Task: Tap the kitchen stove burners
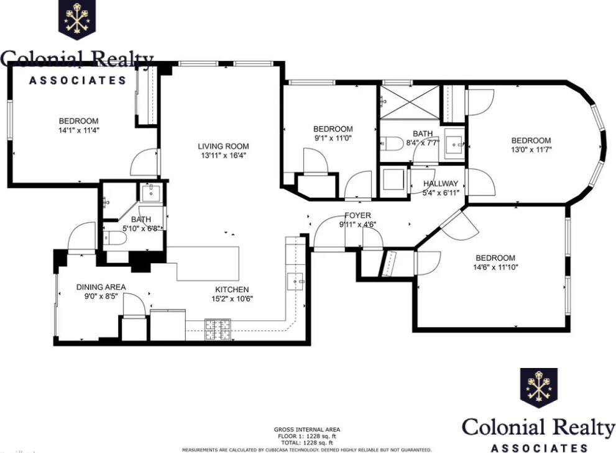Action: coord(218,327)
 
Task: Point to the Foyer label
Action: coord(355,215)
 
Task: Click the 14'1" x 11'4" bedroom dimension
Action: coord(79,130)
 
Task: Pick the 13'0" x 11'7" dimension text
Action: coord(531,150)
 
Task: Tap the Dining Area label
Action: coord(101,287)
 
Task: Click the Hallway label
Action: coord(441,184)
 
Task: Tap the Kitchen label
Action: coord(232,289)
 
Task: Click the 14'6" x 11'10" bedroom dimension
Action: coord(495,267)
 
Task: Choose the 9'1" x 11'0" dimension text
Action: coord(333,138)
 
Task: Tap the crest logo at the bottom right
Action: coord(539,388)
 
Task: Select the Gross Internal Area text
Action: coord(306,429)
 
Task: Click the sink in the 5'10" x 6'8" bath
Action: coord(150,194)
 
